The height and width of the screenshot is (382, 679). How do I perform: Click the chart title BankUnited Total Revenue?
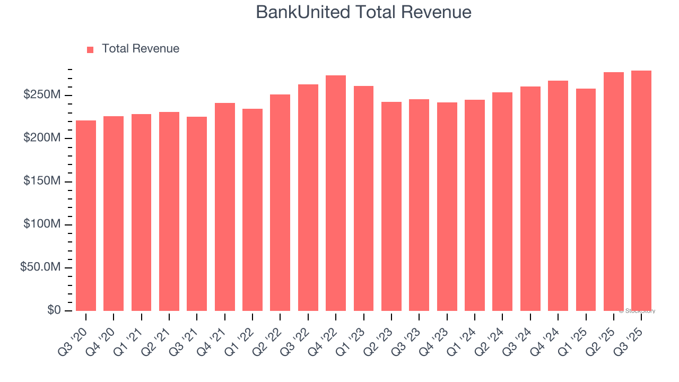[363, 12]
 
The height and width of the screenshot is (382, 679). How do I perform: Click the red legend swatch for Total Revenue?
[90, 49]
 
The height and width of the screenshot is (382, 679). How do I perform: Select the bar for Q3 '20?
[86, 215]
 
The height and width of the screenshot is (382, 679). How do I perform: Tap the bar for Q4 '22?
[336, 193]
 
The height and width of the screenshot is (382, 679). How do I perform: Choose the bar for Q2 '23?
[391, 206]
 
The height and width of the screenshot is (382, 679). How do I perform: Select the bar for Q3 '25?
[641, 190]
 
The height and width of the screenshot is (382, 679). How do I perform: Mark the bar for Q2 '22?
[280, 203]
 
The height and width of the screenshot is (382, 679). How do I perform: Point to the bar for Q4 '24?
[558, 196]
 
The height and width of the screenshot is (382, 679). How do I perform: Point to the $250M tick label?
[41, 95]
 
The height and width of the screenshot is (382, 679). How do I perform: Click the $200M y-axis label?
[41, 138]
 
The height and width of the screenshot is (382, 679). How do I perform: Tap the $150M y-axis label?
[41, 181]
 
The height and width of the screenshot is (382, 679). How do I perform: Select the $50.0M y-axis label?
[40, 267]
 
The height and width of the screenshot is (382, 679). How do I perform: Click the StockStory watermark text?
[637, 311]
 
